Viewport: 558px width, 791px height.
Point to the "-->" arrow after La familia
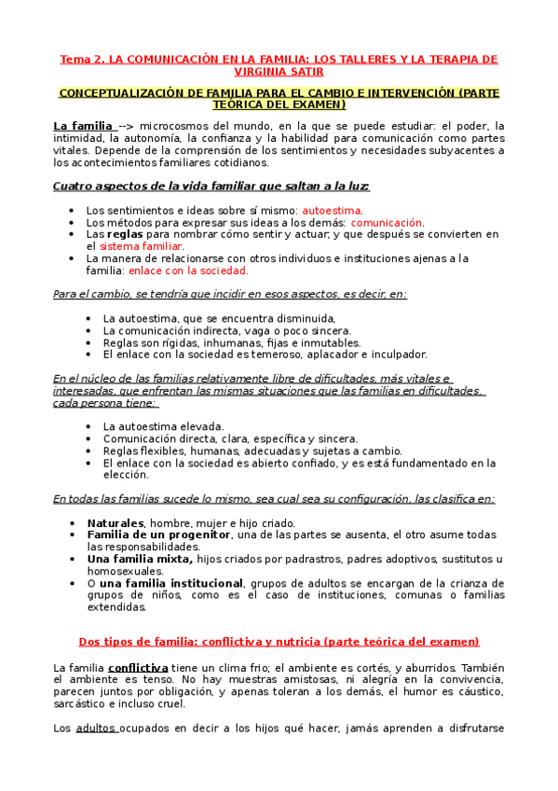pos(128,127)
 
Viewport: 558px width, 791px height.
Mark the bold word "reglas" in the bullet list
pos(125,234)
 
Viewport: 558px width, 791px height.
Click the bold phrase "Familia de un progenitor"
pos(157,535)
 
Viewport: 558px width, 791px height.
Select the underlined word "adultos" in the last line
pos(94,728)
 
